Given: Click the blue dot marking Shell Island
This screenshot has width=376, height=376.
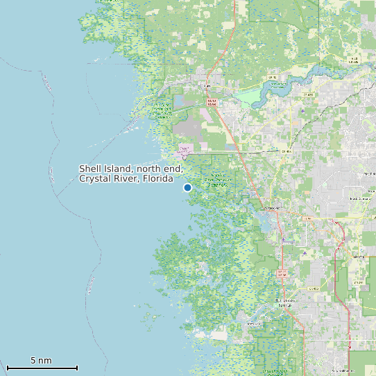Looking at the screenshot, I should pyautogui.click(x=187, y=187).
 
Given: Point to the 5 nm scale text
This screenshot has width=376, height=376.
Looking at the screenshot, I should pyautogui.click(x=41, y=361).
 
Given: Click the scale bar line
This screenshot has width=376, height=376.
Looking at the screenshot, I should pyautogui.click(x=42, y=368).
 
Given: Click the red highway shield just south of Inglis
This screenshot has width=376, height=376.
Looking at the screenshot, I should pyautogui.click(x=212, y=102).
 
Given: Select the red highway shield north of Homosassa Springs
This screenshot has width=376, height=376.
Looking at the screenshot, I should pyautogui.click(x=282, y=273).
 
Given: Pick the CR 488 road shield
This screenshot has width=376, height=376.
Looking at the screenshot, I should pyautogui.click(x=307, y=94).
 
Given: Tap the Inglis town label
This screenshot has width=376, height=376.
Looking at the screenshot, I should pyautogui.click(x=207, y=86).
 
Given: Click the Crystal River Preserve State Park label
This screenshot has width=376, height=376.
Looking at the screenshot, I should pyautogui.click(x=218, y=180).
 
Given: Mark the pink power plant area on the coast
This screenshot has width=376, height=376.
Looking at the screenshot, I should pyautogui.click(x=185, y=150).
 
